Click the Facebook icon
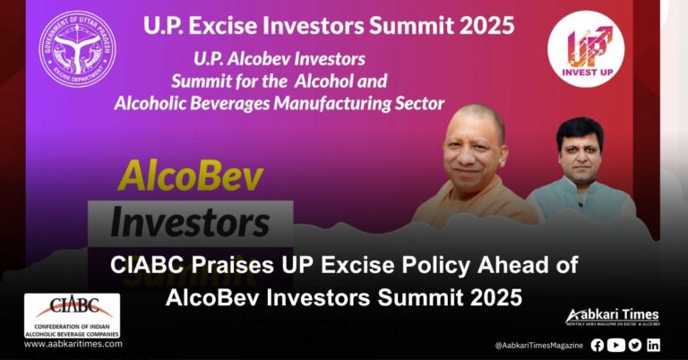598,345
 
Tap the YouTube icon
616,345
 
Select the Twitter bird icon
634,345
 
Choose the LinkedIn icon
653,345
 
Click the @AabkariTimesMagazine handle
537,346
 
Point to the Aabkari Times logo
613,318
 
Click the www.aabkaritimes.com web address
73,344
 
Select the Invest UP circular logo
586,48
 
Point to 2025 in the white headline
490,297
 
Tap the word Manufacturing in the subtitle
330,103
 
